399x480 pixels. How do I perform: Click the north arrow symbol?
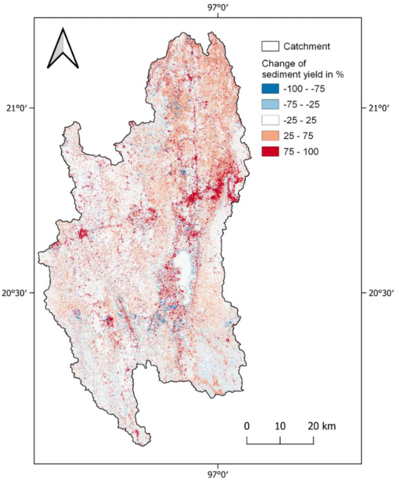63,48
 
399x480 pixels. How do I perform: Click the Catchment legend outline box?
270,46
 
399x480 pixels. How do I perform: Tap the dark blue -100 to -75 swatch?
270,89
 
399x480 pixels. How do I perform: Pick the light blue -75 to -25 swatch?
270,105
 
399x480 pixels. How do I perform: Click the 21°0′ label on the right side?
380,108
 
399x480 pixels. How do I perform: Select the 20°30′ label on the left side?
16,294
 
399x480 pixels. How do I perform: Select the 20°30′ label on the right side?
382,294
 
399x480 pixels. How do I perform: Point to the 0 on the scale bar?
247,426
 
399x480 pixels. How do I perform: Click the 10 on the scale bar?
280,426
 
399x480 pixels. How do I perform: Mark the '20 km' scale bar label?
319,426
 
